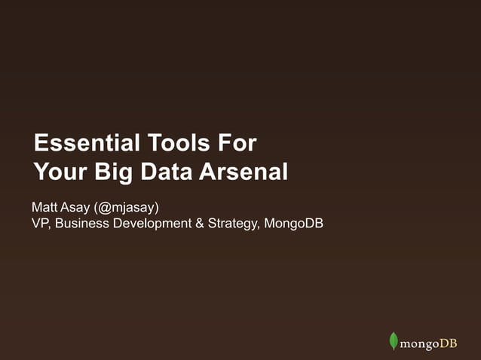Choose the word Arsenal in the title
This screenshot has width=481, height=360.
pos(244,172)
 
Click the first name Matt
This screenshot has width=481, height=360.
pos(44,206)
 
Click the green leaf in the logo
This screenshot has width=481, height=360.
pos(393,341)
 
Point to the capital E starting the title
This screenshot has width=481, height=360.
pos(40,142)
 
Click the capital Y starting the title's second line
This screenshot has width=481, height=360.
pos(40,172)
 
